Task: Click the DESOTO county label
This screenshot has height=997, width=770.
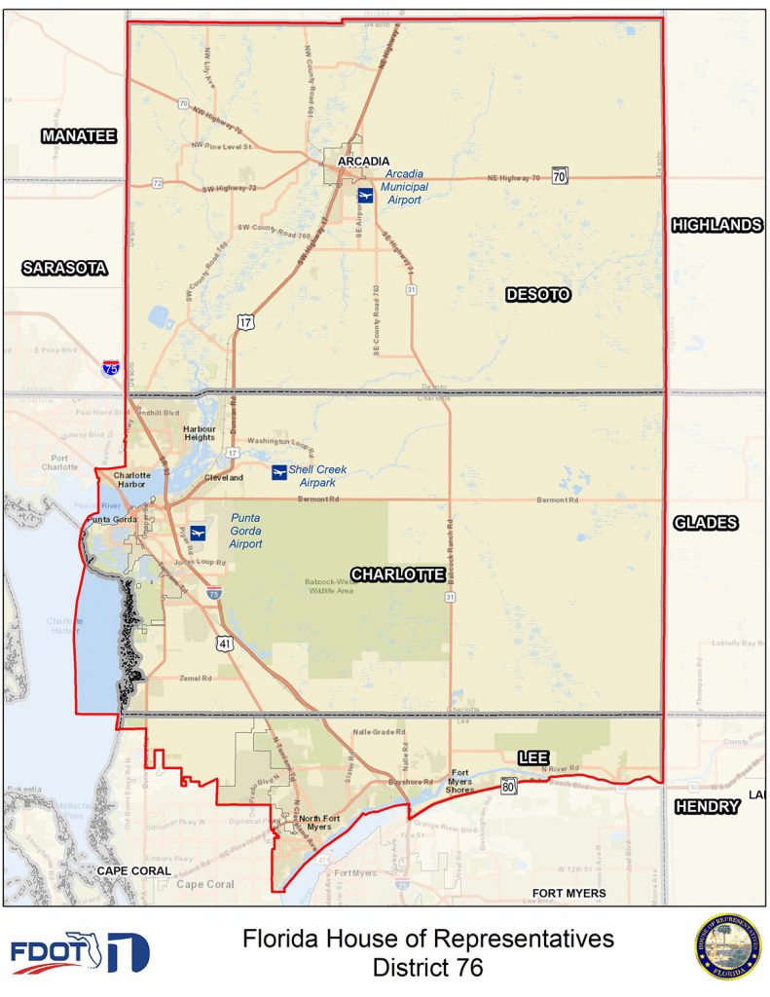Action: coord(537,294)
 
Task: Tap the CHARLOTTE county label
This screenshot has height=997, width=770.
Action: coord(397,574)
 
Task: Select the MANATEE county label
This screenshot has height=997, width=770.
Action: coord(79,136)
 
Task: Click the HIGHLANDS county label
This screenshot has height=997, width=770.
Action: coord(716,225)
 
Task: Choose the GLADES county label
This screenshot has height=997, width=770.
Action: coord(705,523)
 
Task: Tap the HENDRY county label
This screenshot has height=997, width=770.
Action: coord(707,806)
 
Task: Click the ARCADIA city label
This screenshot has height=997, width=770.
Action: coord(363,162)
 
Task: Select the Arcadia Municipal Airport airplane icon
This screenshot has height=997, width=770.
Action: coord(365,196)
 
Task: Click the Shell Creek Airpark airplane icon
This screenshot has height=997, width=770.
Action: coord(279,473)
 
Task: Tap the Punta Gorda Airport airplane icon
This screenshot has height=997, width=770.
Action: coord(199,532)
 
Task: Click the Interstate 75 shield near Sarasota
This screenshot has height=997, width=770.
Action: coord(112,368)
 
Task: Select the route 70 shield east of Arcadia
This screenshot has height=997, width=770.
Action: coord(559,176)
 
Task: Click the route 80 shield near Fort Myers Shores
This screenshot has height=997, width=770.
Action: coord(509,786)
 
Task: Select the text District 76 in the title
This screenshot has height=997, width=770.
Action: coord(427,968)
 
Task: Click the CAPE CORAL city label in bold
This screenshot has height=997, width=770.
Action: coord(133,870)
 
